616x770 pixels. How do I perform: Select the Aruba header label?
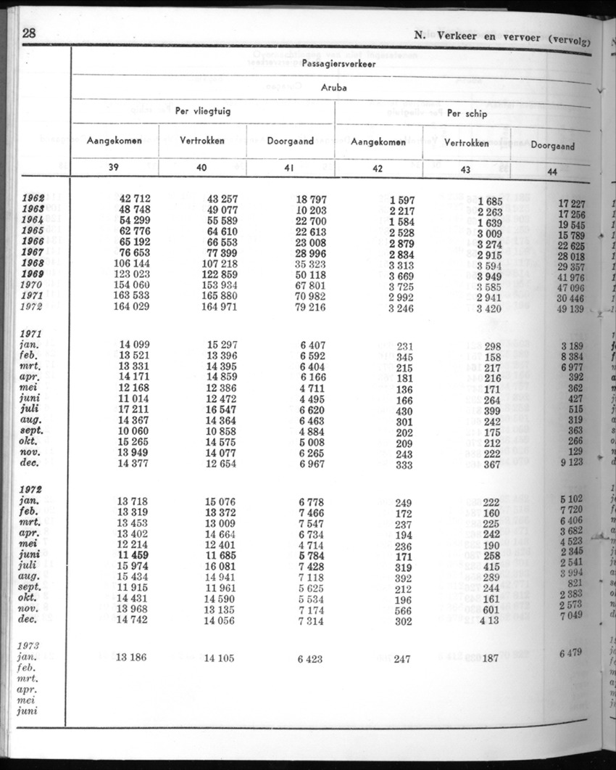(334, 87)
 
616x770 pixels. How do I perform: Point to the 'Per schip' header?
(467, 113)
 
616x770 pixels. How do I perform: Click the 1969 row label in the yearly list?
(33, 274)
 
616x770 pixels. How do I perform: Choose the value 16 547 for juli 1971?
(220, 409)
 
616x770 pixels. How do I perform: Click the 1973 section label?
(30, 645)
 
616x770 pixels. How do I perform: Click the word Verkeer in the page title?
(464, 37)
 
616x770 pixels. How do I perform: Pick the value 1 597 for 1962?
(401, 200)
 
